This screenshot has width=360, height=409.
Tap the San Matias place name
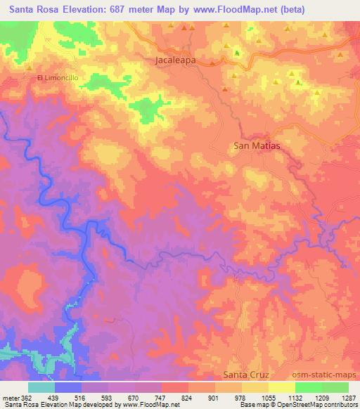[x=257, y=146]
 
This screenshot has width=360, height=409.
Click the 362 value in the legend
[x=25, y=397]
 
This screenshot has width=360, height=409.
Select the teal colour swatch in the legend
[x=41, y=387]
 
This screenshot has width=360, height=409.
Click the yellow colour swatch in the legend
[x=282, y=387]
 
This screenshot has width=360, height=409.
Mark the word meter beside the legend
[x=9, y=397]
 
